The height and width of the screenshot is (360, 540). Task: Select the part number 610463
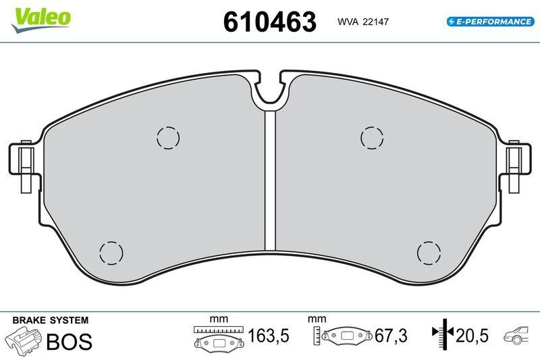tap(269, 22)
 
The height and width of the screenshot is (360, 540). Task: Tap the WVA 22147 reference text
tap(363, 22)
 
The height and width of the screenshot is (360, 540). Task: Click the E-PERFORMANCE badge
tap(489, 22)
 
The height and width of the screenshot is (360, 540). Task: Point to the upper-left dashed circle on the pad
tap(168, 138)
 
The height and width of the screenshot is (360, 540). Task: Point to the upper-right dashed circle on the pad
tap(373, 138)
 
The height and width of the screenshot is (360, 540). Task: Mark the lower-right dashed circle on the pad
tap(429, 253)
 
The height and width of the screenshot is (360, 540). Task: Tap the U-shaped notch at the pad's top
tap(270, 91)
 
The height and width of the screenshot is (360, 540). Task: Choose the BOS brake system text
tap(69, 341)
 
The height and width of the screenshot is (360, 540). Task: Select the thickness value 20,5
tap(473, 336)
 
